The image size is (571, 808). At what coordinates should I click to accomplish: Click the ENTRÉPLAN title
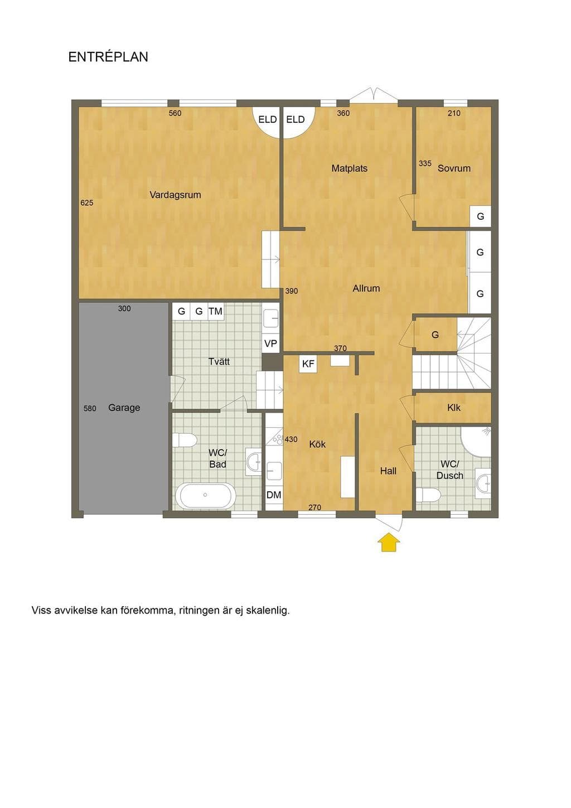[x=108, y=57]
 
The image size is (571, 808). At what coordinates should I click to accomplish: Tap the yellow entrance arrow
[x=388, y=543]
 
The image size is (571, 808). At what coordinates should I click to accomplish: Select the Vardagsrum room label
[x=175, y=195]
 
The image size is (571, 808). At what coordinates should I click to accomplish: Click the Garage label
[x=124, y=408]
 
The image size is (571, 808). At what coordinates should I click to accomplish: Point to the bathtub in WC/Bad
[x=205, y=495]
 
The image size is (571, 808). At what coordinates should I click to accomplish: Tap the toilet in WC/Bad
[x=185, y=440]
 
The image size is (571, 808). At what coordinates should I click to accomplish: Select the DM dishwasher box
[x=274, y=495]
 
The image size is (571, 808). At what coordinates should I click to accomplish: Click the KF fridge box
[x=308, y=364]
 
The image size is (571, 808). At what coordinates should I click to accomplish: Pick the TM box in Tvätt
[x=216, y=311]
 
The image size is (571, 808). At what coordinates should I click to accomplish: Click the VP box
[x=271, y=343]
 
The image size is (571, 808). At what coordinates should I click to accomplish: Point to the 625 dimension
[x=87, y=203]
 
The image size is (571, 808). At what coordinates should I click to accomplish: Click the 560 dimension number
[x=175, y=113]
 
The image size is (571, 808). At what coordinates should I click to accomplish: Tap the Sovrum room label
[x=454, y=168]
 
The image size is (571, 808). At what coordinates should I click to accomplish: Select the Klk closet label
[x=454, y=408]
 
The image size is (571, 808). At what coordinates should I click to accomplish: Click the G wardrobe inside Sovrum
[x=481, y=216]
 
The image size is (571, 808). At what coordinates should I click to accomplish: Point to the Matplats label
[x=350, y=168]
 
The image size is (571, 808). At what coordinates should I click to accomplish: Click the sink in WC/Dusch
[x=483, y=481]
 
